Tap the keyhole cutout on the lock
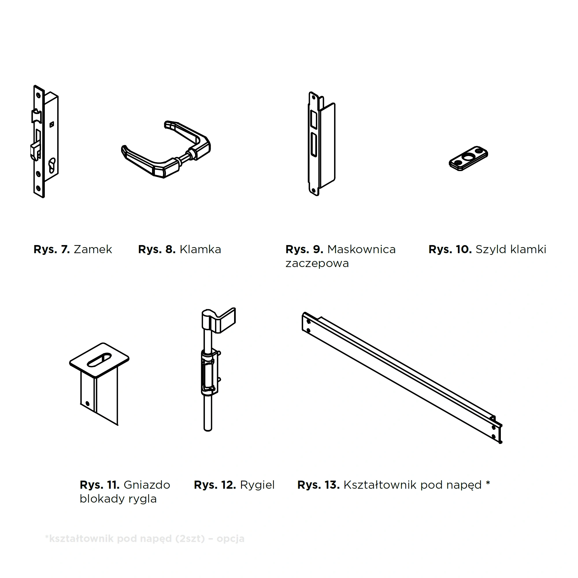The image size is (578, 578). coord(52,165)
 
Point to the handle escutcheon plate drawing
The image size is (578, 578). coord(468,158)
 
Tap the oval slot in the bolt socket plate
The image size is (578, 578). coord(99,360)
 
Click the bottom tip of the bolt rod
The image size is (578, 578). coord(208,430)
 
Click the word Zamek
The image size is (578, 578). coord(93,249)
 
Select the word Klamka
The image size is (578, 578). coord(201,249)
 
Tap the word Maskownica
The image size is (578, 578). coord(362,249)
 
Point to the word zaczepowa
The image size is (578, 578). coord(317,264)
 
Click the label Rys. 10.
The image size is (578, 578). coord(450,249)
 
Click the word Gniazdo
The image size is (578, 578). coord(147,485)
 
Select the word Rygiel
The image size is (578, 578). coord(257,485)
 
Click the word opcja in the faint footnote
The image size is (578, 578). coord(230,538)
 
